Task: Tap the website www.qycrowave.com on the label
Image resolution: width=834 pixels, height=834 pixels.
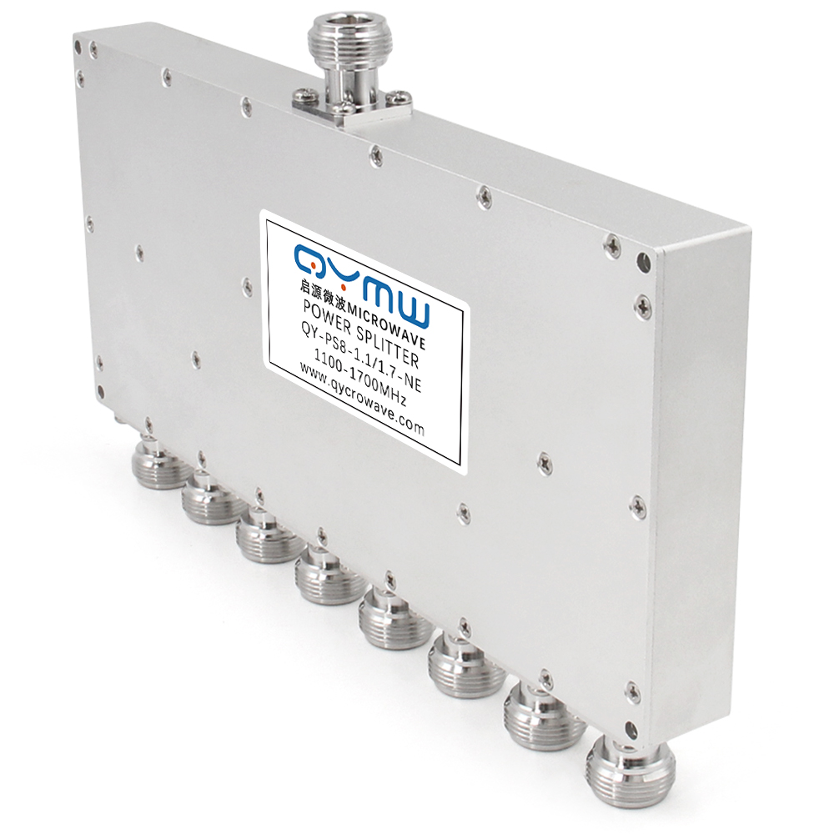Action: coord(362,399)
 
